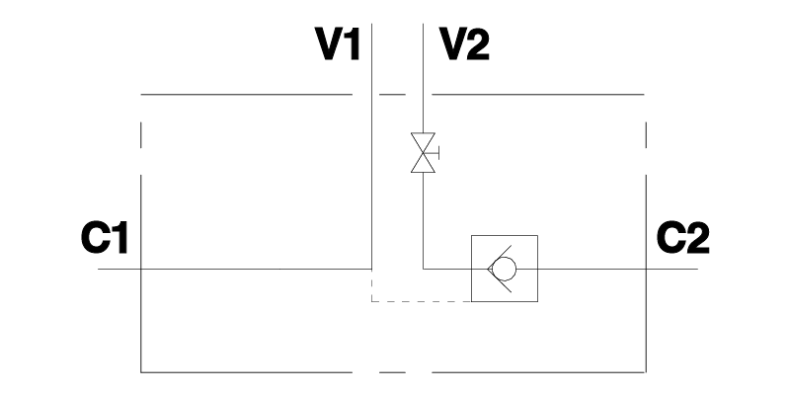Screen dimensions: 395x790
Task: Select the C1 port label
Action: click(x=104, y=238)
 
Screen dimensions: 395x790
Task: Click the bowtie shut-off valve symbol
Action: click(x=424, y=153)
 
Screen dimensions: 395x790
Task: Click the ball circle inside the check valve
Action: click(x=507, y=269)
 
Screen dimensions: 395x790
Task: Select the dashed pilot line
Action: click(x=420, y=299)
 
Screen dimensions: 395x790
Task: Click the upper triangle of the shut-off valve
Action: click(x=424, y=143)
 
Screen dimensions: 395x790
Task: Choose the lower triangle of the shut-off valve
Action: click(x=424, y=164)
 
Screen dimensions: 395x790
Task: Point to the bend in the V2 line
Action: click(x=424, y=269)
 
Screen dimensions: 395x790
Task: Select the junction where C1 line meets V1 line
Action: click(x=371, y=269)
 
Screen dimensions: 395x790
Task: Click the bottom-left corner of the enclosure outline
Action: click(x=142, y=371)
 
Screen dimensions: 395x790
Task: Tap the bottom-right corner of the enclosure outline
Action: click(x=646, y=371)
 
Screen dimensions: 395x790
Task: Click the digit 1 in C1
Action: click(x=120, y=238)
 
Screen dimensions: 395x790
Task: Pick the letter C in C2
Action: click(x=671, y=238)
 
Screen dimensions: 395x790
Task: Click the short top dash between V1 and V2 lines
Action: click(x=393, y=95)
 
